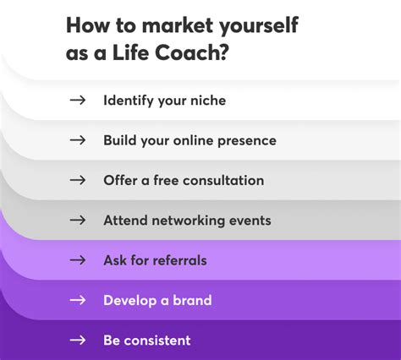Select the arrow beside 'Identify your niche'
point(78,101)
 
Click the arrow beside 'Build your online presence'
point(78,140)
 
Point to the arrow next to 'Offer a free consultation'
point(78,180)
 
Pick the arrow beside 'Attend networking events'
point(78,220)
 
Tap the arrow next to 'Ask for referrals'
point(78,260)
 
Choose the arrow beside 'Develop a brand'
point(78,300)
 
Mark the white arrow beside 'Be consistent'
point(78,341)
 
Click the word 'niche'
point(207,101)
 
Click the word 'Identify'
point(129,101)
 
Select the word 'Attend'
point(124,220)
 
